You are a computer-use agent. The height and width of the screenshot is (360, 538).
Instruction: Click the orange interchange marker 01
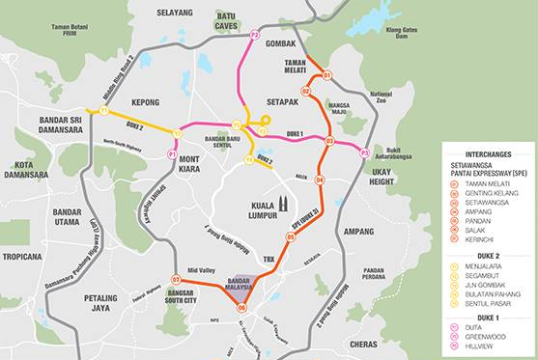pyautogui.click(x=326, y=74)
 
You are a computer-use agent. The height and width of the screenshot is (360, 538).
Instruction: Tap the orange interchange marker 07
pyautogui.click(x=176, y=280)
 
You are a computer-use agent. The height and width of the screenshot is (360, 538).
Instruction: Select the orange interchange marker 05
pyautogui.click(x=290, y=235)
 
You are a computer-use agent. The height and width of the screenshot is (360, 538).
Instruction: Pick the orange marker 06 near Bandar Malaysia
pyautogui.click(x=241, y=308)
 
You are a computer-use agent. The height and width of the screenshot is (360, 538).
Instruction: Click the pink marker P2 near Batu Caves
pyautogui.click(x=254, y=35)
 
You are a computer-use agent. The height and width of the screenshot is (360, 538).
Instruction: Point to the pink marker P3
pyautogui.click(x=364, y=152)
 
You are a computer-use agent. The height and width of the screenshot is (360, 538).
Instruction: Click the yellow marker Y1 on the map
pyautogui.click(x=102, y=111)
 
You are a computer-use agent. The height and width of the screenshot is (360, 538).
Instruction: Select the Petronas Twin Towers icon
pyautogui.click(x=284, y=202)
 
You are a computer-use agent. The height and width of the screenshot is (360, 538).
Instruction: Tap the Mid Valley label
pyautogui.click(x=200, y=270)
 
